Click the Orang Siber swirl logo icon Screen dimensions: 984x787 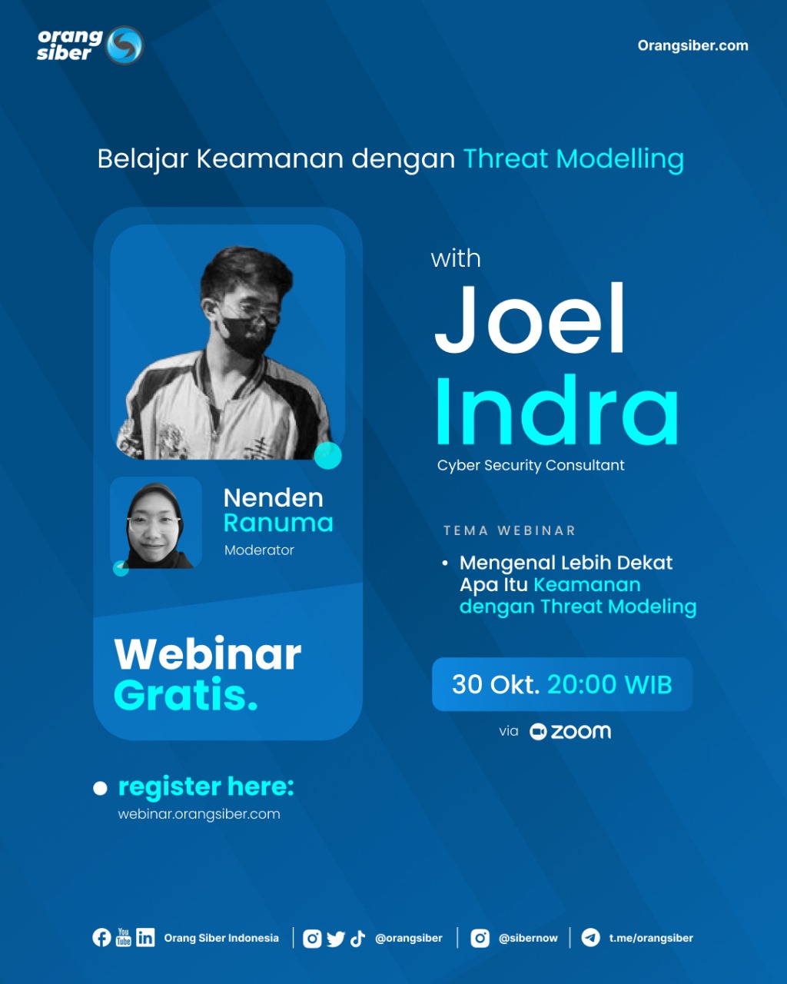click(x=124, y=45)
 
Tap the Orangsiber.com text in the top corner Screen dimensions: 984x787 click(x=692, y=45)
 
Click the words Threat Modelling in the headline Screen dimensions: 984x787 click(x=573, y=159)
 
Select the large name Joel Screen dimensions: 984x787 click(x=530, y=319)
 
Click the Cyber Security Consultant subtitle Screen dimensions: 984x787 click(x=530, y=465)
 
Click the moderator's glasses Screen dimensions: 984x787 click(x=154, y=523)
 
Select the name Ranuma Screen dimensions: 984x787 click(x=278, y=523)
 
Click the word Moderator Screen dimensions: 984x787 click(x=259, y=550)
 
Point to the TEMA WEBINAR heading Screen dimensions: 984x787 click(x=509, y=530)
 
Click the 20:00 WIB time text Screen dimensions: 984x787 click(x=609, y=684)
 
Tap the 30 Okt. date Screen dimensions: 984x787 click(x=496, y=684)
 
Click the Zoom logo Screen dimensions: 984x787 click(x=571, y=732)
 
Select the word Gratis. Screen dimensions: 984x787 click(x=185, y=695)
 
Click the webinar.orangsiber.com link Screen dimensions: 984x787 click(x=199, y=814)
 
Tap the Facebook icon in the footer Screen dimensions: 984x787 click(x=101, y=937)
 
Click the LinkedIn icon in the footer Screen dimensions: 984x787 click(x=145, y=937)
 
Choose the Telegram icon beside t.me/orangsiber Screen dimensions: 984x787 click(x=590, y=938)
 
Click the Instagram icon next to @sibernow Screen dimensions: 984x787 click(x=480, y=938)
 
